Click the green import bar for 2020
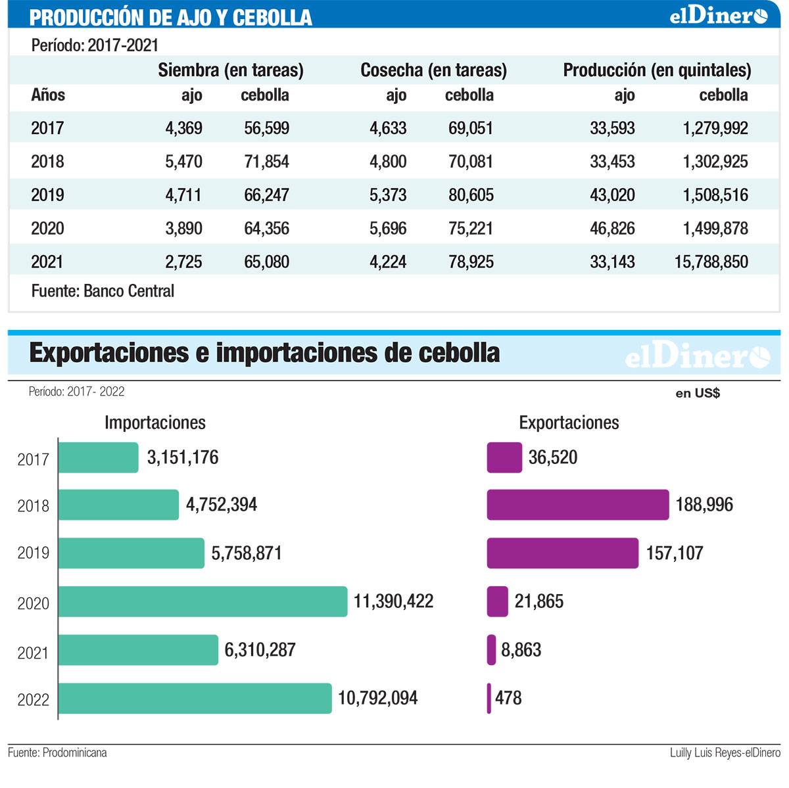[x=203, y=601]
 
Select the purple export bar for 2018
[x=578, y=505]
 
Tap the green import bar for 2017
[x=98, y=457]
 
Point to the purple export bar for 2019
[x=563, y=553]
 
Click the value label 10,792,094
[x=377, y=699]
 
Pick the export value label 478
[x=508, y=698]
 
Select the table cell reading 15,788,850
[x=711, y=262]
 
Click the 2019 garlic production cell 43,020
[x=612, y=195]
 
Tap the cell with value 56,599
[x=266, y=128]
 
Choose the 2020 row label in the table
[x=47, y=229]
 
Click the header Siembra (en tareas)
[x=231, y=70]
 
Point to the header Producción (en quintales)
[x=657, y=70]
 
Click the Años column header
[x=48, y=95]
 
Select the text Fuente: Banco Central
[x=103, y=291]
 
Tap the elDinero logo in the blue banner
[x=718, y=15]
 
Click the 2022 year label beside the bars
[x=33, y=700]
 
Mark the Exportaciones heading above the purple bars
[x=569, y=423]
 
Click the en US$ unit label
[x=698, y=394]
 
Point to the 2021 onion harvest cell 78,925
[x=471, y=262]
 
